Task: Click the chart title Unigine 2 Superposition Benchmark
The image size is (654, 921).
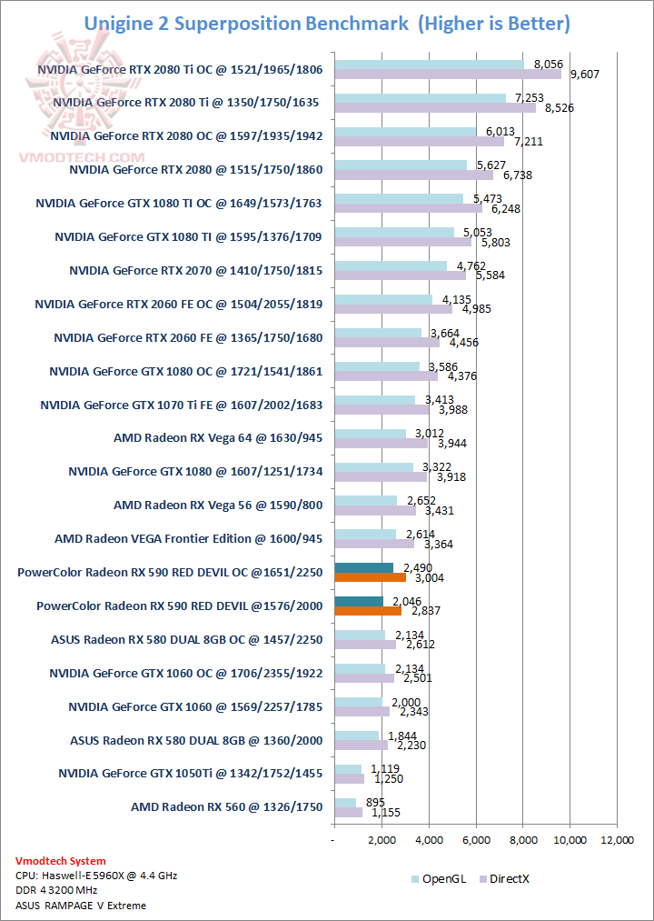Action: tap(327, 23)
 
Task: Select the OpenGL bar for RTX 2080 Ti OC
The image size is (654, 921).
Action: tap(429, 64)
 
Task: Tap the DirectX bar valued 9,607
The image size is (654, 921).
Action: tap(448, 74)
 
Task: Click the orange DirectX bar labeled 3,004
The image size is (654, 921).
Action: tap(370, 576)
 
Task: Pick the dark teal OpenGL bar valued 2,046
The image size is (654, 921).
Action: tap(358, 601)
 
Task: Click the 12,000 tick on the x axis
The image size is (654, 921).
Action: tap(617, 840)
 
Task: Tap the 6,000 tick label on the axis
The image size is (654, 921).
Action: tap(476, 840)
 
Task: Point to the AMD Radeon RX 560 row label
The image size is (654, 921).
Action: tap(226, 806)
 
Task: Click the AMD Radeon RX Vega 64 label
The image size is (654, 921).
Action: tap(218, 437)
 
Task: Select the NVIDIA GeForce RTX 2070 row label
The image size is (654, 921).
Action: tap(195, 270)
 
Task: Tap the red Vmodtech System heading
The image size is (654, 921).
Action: tap(61, 860)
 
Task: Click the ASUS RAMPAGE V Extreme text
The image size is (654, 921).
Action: tap(81, 905)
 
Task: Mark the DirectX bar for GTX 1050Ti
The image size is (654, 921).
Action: tap(349, 778)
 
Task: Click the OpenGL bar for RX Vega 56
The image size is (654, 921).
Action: tap(365, 500)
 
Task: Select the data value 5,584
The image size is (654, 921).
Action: tap(484, 275)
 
